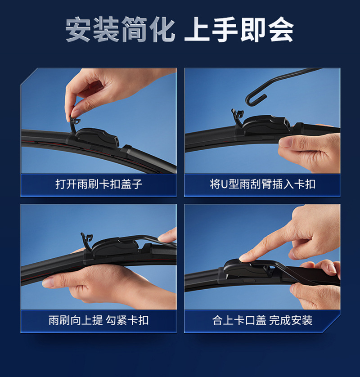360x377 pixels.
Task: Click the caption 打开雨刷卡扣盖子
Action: pos(99,184)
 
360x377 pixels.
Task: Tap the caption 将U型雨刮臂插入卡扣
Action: pos(262,184)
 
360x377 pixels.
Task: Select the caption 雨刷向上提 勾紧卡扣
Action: pos(99,320)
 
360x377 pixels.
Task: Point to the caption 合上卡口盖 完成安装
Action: pos(262,320)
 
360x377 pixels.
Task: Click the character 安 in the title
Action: pos(78,29)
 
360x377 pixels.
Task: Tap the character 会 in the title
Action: pos(281,29)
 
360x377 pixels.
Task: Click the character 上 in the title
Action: pos(197,29)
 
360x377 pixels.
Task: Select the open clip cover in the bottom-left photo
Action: pos(87,241)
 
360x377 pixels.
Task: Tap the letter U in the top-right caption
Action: pos(224,184)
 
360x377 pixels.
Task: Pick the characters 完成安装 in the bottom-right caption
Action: pos(291,320)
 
